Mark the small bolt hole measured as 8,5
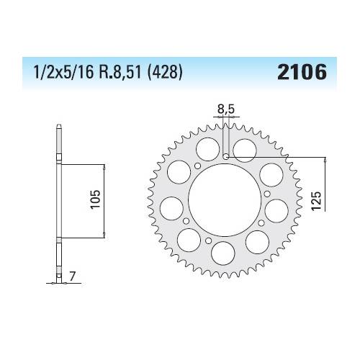coord(226,156)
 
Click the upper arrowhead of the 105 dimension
coord(105,166)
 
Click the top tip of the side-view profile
coord(58,128)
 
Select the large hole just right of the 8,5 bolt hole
coord(245,150)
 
